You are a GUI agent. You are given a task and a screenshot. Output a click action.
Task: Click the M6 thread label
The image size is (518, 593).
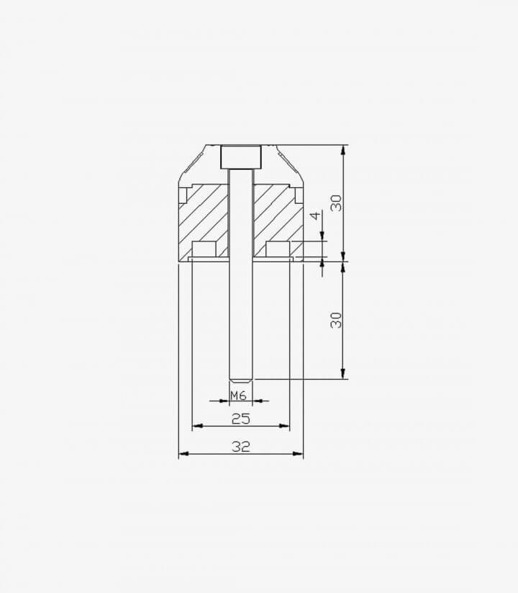click(x=238, y=396)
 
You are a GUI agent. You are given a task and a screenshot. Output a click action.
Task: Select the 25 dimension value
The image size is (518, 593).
click(x=241, y=419)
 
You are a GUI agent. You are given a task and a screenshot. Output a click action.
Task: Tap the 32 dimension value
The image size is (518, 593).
click(x=241, y=447)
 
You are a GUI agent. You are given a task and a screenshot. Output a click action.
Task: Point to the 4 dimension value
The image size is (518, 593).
click(x=315, y=215)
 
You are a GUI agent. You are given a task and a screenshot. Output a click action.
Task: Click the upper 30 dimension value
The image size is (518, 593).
click(x=336, y=203)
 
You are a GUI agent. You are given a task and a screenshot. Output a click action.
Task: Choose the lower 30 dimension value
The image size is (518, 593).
click(x=336, y=320)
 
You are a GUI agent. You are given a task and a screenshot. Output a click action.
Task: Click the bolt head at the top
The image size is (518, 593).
click(x=241, y=157)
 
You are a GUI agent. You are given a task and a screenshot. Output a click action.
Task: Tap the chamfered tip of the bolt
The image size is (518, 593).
click(x=241, y=378)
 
